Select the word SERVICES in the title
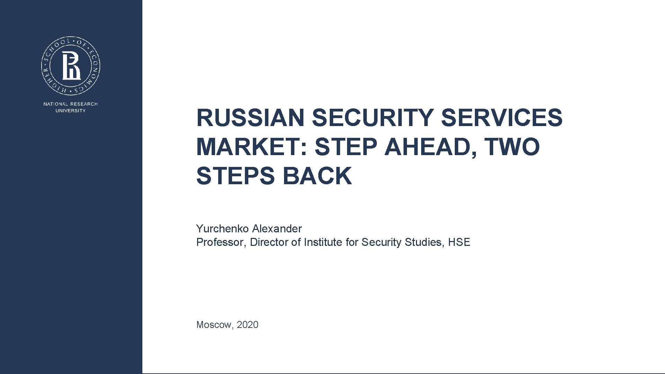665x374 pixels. coord(502,118)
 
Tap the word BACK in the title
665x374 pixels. coord(317,176)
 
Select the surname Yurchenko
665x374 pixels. coord(222,229)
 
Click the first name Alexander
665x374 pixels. coord(277,229)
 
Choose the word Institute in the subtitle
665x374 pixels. coord(323,242)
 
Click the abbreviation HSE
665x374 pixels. coord(459,242)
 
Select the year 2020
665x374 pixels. coord(248,325)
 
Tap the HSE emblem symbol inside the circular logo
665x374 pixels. coord(71,65)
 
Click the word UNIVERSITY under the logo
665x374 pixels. coord(71,111)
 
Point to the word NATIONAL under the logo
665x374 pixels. coord(55,104)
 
